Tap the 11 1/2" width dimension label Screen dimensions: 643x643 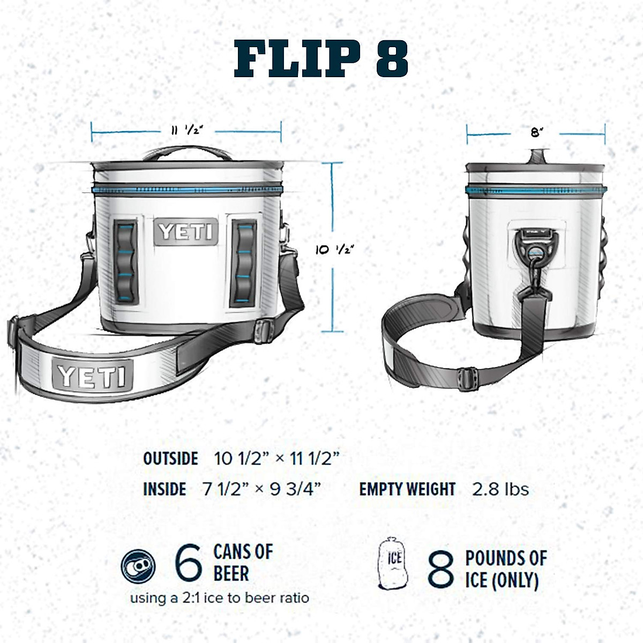pos(186,130)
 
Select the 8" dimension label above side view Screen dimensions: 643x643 pos(536,132)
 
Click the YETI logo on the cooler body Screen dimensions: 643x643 pos(186,232)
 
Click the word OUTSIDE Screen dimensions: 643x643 pos(170,459)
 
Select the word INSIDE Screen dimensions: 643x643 pos(165,489)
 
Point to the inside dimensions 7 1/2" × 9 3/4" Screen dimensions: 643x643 pos(261,489)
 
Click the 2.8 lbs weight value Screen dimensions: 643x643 pos(500,489)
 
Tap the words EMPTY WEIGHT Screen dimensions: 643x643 pos(407,489)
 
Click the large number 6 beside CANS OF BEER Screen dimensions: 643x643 pos(189,563)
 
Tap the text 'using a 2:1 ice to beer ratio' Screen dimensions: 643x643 pos(220,598)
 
